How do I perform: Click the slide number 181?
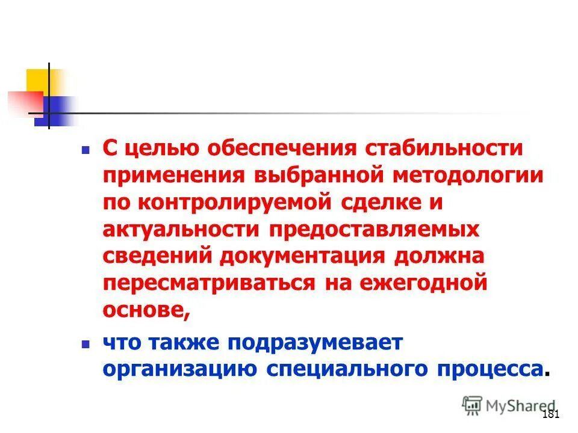551,414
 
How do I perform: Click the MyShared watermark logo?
509,405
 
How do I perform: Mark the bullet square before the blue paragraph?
85,342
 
